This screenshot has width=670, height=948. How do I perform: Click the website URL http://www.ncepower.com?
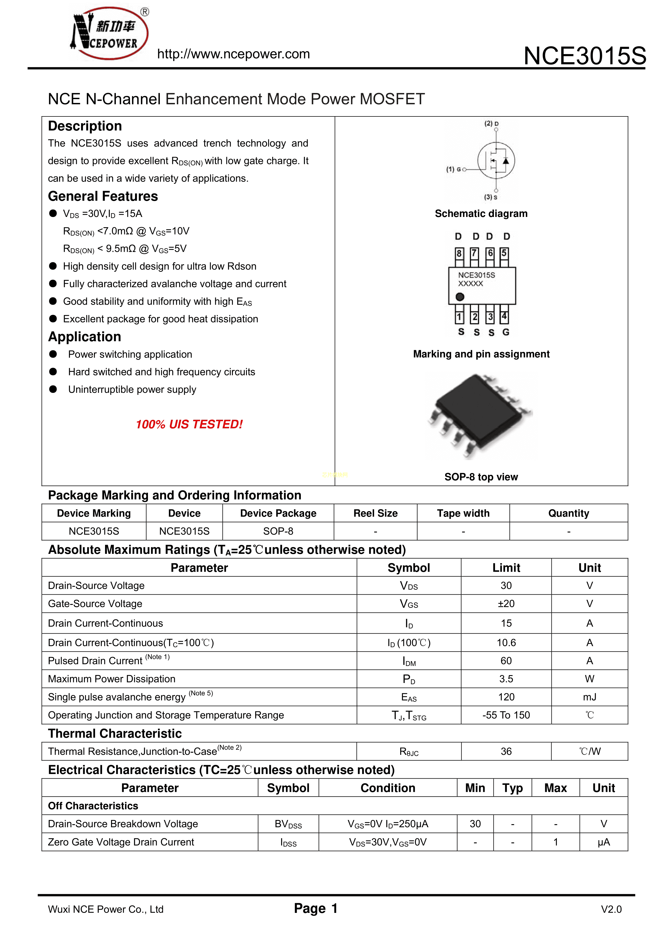pos(233,54)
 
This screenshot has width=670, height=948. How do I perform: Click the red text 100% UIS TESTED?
pos(189,424)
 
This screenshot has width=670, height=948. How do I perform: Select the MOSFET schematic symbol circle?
pos(496,161)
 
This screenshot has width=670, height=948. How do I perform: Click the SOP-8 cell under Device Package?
pos(278,531)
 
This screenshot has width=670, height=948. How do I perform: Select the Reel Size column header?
pos(375,513)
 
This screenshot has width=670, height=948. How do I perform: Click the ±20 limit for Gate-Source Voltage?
pos(506,604)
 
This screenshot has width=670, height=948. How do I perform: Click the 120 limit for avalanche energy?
pos(506,697)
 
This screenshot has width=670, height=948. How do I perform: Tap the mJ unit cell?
pos(590,697)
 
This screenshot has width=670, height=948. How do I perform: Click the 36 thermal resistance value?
pos(506,752)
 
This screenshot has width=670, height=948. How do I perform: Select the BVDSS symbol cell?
pos(288,824)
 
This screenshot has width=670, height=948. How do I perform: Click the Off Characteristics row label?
pos(93,806)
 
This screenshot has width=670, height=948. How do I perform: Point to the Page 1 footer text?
pos(316,908)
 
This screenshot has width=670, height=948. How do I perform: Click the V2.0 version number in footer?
pos(611,909)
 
